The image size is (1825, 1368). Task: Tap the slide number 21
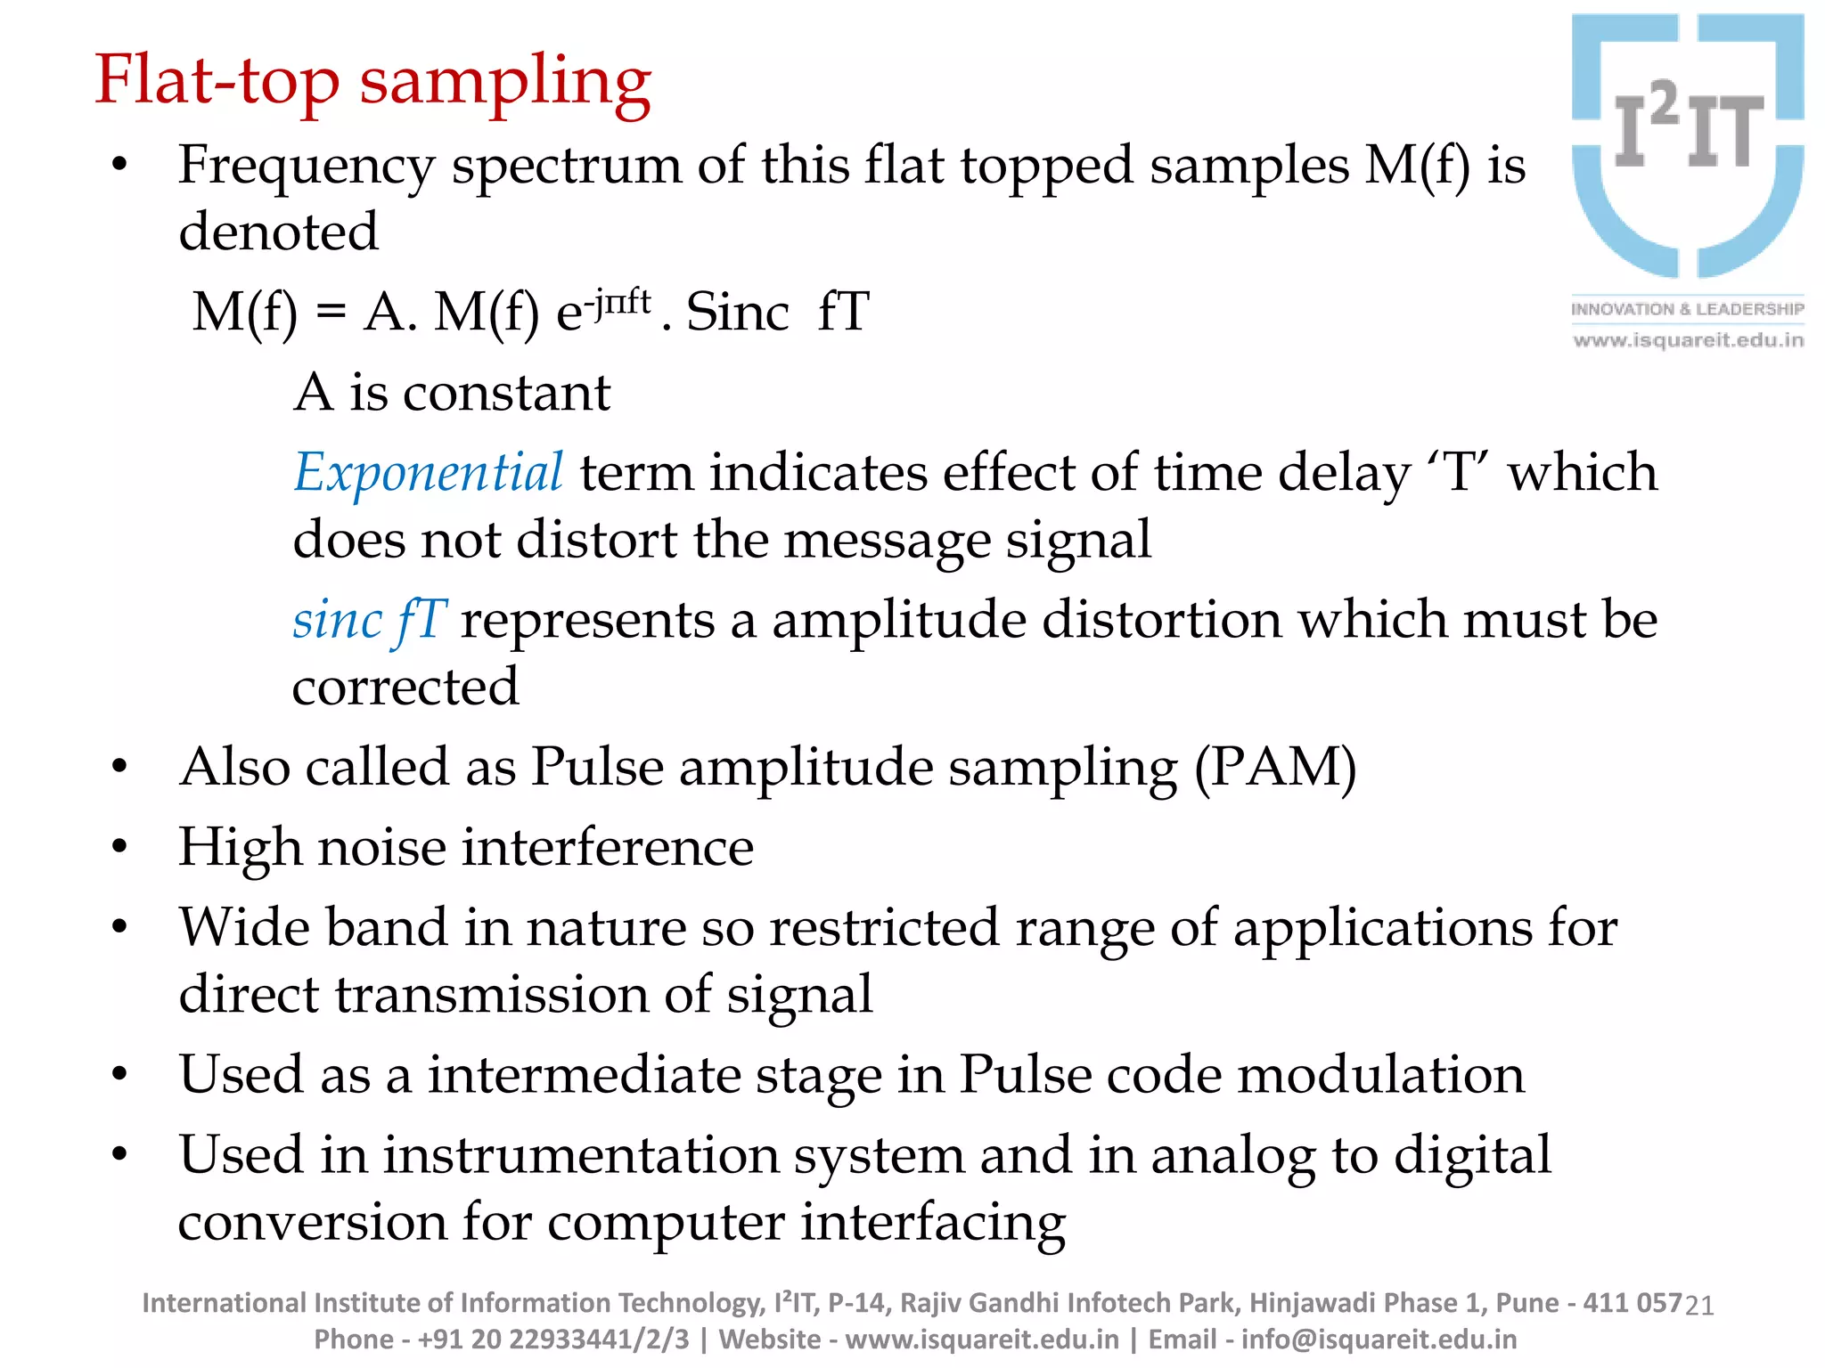coord(1700,1306)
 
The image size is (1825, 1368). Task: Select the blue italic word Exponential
coord(428,473)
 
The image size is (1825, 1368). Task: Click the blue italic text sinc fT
coord(369,620)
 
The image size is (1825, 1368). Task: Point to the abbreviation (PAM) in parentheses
coord(1275,767)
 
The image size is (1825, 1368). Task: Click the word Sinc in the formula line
coord(737,313)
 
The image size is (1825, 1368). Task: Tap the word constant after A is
coord(506,393)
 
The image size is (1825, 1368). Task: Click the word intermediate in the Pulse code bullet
coord(584,1075)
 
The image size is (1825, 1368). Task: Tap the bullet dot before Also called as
coord(119,768)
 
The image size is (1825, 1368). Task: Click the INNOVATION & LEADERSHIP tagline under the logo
coord(1687,309)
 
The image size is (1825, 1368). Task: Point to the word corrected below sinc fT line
coord(405,687)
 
